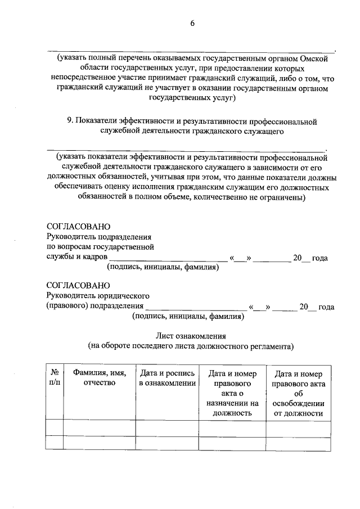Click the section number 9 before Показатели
click(x=69, y=121)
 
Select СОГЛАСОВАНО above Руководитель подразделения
click(x=75, y=226)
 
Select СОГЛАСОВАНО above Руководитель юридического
click(x=75, y=285)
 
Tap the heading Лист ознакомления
click(x=191, y=336)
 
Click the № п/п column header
click(x=54, y=378)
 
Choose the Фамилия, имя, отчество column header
click(x=99, y=378)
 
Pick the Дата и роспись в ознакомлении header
click(x=167, y=378)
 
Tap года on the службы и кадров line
click(x=319, y=258)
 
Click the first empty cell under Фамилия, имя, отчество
click(x=99, y=428)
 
